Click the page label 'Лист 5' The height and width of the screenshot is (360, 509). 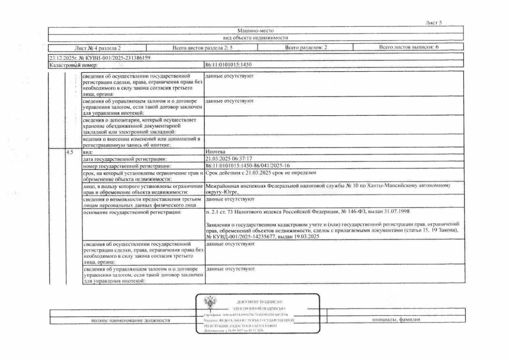tap(433, 23)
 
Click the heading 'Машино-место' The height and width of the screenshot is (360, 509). tap(255, 30)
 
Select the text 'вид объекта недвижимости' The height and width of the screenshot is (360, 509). tap(255, 37)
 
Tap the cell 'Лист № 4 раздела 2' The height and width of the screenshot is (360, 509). tap(98, 48)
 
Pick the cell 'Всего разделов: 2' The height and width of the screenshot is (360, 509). tap(305, 48)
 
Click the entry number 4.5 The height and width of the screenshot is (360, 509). tap(70, 152)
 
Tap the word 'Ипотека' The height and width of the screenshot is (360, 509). tap(216, 152)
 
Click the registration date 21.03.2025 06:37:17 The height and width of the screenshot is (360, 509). tap(229, 159)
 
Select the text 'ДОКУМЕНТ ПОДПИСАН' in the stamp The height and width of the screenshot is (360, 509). tap(260, 302)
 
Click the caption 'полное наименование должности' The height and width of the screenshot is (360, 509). tap(131, 320)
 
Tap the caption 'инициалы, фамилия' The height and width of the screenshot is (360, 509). tap(396, 319)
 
